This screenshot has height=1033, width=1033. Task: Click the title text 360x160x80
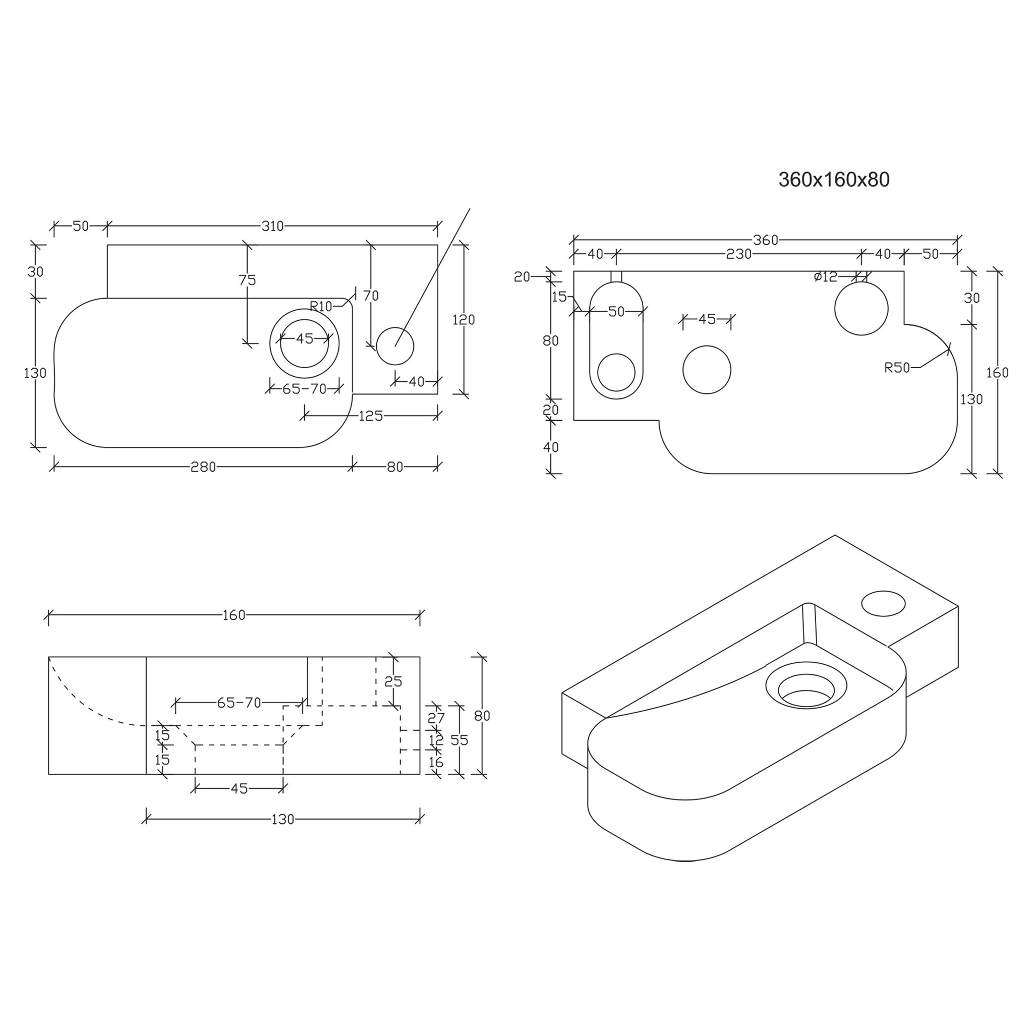(x=834, y=180)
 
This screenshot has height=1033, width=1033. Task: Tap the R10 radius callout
(x=321, y=306)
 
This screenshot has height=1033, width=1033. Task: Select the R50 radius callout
(x=897, y=367)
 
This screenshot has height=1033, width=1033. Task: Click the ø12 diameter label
(x=826, y=277)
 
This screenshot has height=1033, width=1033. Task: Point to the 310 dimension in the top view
(x=272, y=226)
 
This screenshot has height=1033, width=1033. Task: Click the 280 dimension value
(x=203, y=467)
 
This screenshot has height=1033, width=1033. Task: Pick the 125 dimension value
(x=371, y=416)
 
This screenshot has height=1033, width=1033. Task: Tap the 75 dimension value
(x=248, y=279)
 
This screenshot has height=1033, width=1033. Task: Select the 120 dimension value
(x=464, y=320)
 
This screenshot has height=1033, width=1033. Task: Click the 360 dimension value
(x=765, y=240)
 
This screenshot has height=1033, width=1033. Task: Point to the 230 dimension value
(x=739, y=255)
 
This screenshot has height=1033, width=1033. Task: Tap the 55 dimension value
(x=460, y=740)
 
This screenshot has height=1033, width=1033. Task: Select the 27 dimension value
(x=436, y=718)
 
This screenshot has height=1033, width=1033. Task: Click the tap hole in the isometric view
(x=883, y=603)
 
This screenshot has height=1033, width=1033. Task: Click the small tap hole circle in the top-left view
(x=395, y=346)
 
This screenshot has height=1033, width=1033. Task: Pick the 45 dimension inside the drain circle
(x=305, y=338)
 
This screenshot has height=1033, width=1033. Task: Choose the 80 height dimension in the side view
(x=482, y=715)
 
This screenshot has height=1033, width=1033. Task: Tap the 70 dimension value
(x=371, y=296)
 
